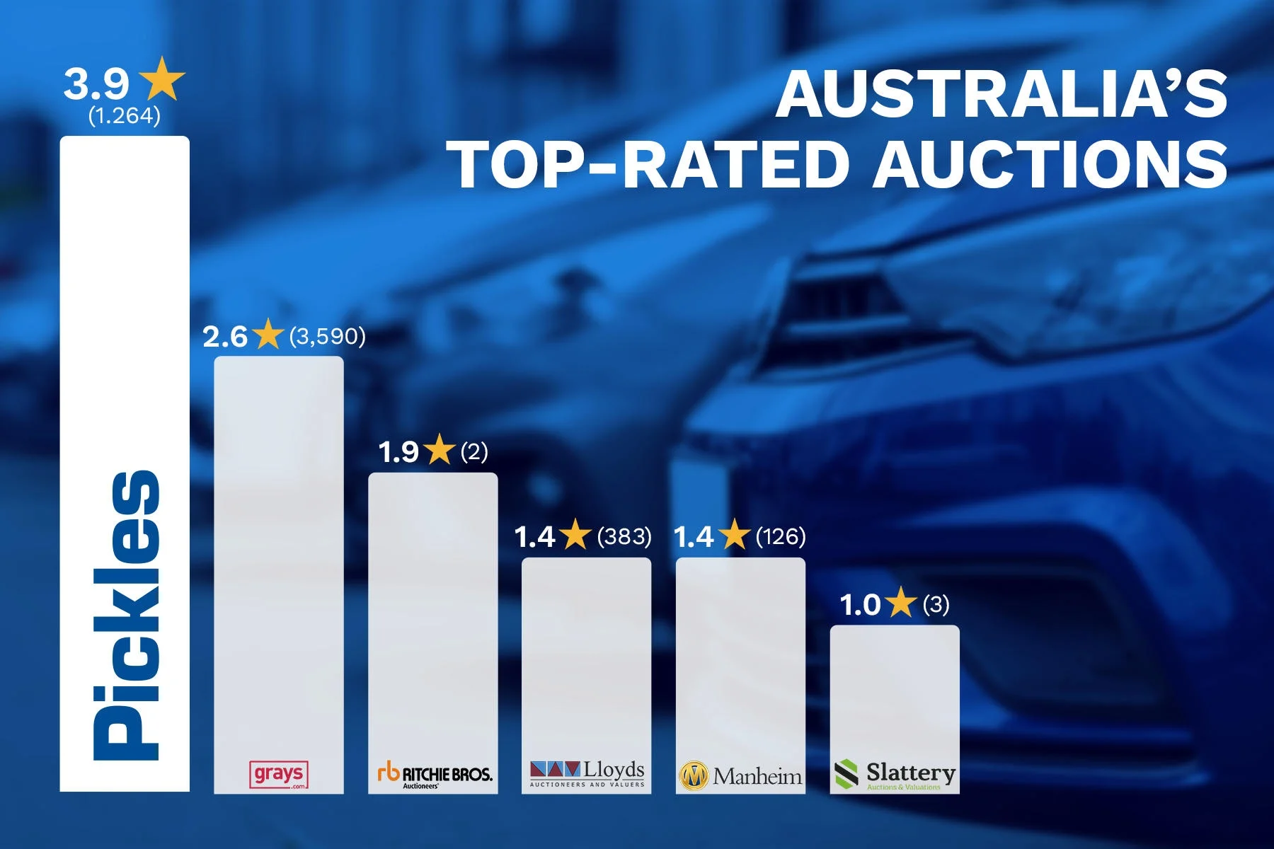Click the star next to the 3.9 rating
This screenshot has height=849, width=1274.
click(x=163, y=80)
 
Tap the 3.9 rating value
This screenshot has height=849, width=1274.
click(x=96, y=84)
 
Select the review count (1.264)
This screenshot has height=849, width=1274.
click(x=125, y=115)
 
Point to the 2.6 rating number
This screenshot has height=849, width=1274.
click(x=224, y=337)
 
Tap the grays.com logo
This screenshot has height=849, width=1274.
click(x=280, y=775)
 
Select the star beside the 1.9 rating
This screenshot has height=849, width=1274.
click(x=440, y=451)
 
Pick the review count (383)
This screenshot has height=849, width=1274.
click(x=624, y=537)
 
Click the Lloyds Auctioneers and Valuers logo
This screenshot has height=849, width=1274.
click(x=587, y=774)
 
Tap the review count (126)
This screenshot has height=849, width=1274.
click(x=781, y=537)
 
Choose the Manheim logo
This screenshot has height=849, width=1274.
click(x=740, y=776)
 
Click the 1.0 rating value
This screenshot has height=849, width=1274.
click(x=859, y=606)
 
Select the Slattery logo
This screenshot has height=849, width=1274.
click(x=895, y=775)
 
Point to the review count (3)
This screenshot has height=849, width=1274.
click(x=936, y=605)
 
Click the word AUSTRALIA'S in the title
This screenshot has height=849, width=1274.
click(x=1002, y=96)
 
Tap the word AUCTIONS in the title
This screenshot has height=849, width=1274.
click(x=1050, y=165)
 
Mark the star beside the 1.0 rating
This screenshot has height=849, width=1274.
click(x=901, y=603)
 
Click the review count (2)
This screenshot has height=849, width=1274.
click(x=474, y=451)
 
